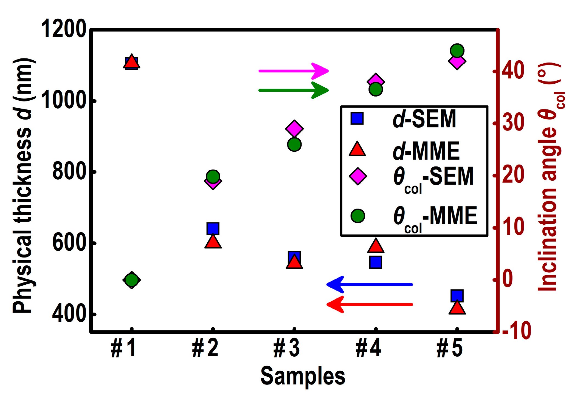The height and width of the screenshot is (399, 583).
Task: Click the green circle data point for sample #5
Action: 457,50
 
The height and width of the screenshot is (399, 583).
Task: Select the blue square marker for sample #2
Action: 213,228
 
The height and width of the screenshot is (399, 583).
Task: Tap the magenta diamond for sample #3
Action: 294,128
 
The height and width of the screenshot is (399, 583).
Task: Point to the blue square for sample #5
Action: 457,296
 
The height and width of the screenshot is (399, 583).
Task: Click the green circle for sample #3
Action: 294,145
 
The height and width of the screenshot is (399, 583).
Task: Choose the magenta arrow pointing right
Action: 294,71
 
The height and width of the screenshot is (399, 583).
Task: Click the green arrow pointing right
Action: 294,90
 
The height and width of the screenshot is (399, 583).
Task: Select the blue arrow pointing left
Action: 369,284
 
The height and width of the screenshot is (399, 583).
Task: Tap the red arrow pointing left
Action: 369,304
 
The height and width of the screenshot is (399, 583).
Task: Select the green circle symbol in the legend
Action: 357,216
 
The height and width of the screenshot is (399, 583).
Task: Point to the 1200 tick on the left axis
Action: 64,29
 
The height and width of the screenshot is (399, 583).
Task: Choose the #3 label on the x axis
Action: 287,348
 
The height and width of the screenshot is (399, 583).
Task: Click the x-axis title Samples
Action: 303,376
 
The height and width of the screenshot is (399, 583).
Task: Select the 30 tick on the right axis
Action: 513,123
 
